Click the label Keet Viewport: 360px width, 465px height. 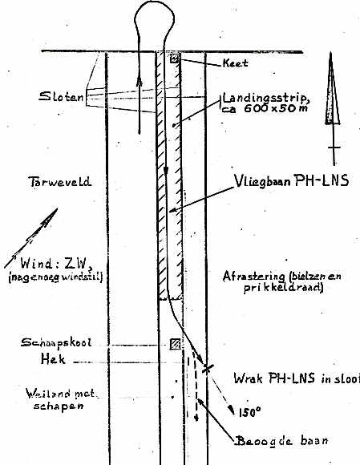tap(235, 63)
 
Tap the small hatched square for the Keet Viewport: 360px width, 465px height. tap(175, 58)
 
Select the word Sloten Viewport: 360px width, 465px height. tap(62, 96)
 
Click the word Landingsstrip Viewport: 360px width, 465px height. tap(266, 98)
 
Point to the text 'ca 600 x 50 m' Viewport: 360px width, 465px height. tap(265, 108)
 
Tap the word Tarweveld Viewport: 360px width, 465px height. tap(60, 181)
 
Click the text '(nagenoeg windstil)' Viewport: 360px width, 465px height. tap(55, 277)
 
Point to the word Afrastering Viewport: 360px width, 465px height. tap(254, 277)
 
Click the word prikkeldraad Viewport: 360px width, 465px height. tap(283, 288)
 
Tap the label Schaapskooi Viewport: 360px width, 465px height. tap(56, 342)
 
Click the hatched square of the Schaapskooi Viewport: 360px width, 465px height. tap(176, 344)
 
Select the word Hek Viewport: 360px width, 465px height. tap(53, 359)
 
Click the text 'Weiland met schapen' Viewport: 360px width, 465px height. tap(60, 399)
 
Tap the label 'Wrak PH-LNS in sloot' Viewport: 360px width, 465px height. tap(297, 378)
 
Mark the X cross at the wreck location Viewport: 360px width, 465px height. tap(208, 369)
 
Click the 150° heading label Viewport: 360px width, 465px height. tap(249, 412)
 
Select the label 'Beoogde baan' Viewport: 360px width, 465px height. tap(282, 441)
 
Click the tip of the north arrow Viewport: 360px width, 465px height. tap(330, 52)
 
